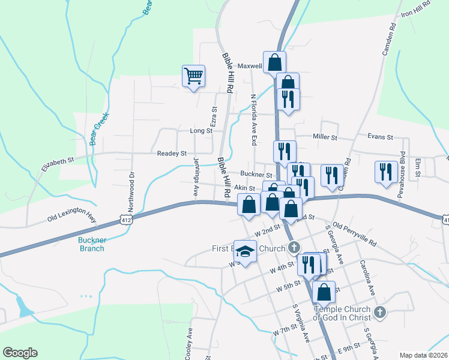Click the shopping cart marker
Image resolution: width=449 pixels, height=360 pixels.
pyautogui.click(x=193, y=77)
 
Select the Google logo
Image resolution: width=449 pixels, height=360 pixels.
pyautogui.click(x=20, y=353)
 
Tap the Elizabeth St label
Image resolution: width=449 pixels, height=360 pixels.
pyautogui.click(x=57, y=161)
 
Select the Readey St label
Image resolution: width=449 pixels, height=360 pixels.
pyautogui.click(x=172, y=154)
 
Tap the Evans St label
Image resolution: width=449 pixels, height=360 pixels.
pyautogui.click(x=380, y=137)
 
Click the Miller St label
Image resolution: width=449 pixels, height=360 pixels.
pyautogui.click(x=325, y=137)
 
